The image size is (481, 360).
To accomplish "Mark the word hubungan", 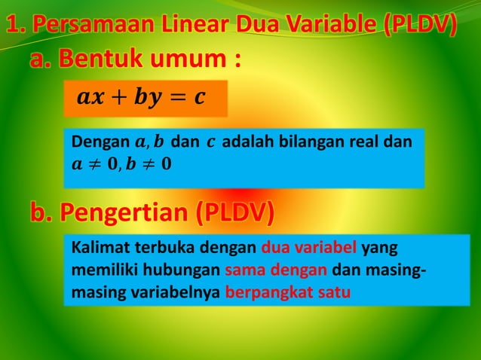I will tap(184, 270).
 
